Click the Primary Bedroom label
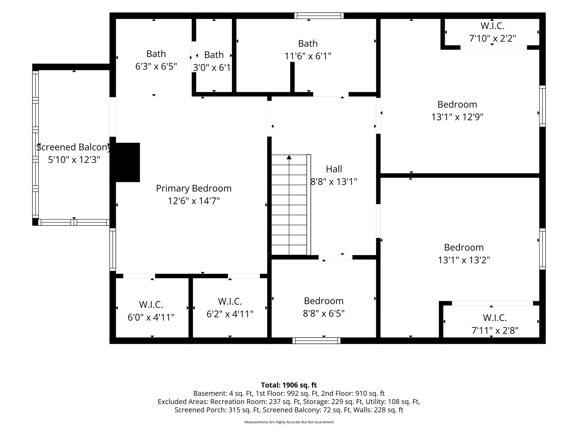click(x=194, y=188)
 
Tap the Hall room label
click(x=334, y=169)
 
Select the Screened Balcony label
click(x=74, y=147)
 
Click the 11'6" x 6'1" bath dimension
click(x=308, y=56)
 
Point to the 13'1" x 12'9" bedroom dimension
click(x=457, y=117)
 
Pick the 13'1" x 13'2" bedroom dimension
click(x=464, y=260)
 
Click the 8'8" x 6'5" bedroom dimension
click(x=324, y=313)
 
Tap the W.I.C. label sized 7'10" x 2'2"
click(x=492, y=26)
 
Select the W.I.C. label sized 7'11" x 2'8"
click(x=495, y=318)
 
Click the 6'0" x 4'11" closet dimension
click(x=151, y=317)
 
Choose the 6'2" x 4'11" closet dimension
click(x=230, y=314)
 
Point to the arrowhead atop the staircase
click(x=289, y=157)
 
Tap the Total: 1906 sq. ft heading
click(x=289, y=385)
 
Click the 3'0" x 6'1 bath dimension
click(x=212, y=68)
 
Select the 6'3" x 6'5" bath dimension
click(x=156, y=66)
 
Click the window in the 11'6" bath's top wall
click(x=319, y=16)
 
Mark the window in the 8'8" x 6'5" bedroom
click(x=316, y=340)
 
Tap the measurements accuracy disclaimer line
click(x=289, y=422)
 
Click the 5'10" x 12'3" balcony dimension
click(x=74, y=160)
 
